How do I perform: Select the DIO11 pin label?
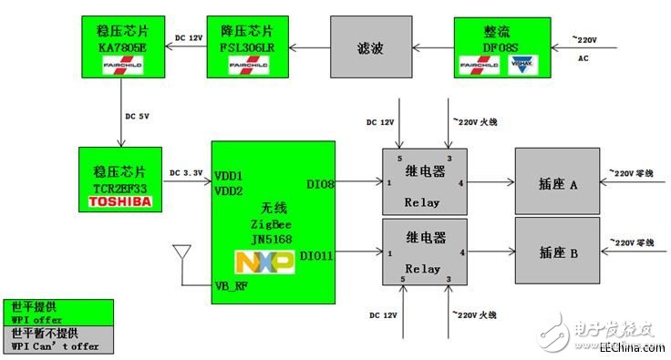click(x=315, y=256)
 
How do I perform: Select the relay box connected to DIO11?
click(x=423, y=252)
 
